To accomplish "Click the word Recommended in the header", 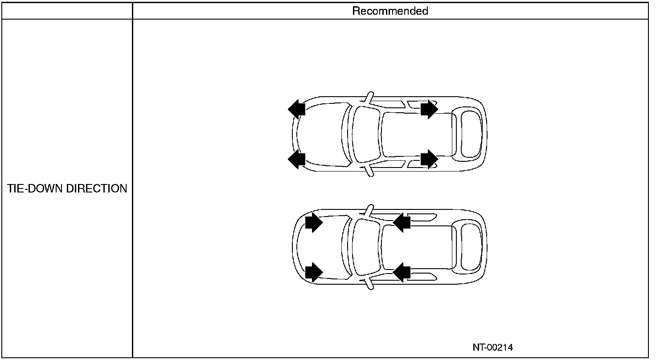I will point(390,11).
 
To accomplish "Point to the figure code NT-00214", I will point(492,348).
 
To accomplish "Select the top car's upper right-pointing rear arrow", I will point(429,109).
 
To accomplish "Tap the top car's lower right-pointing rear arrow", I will point(429,159).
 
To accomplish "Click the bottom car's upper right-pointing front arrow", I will point(314,222).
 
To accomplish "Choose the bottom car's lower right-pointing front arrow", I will point(314,271).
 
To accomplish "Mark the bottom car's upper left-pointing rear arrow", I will point(402,222).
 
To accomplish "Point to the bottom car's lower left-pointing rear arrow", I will point(402,271).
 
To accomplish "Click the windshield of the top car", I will point(366,134).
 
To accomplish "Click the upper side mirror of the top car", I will point(369,97).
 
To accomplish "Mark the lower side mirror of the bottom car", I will point(369,284).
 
